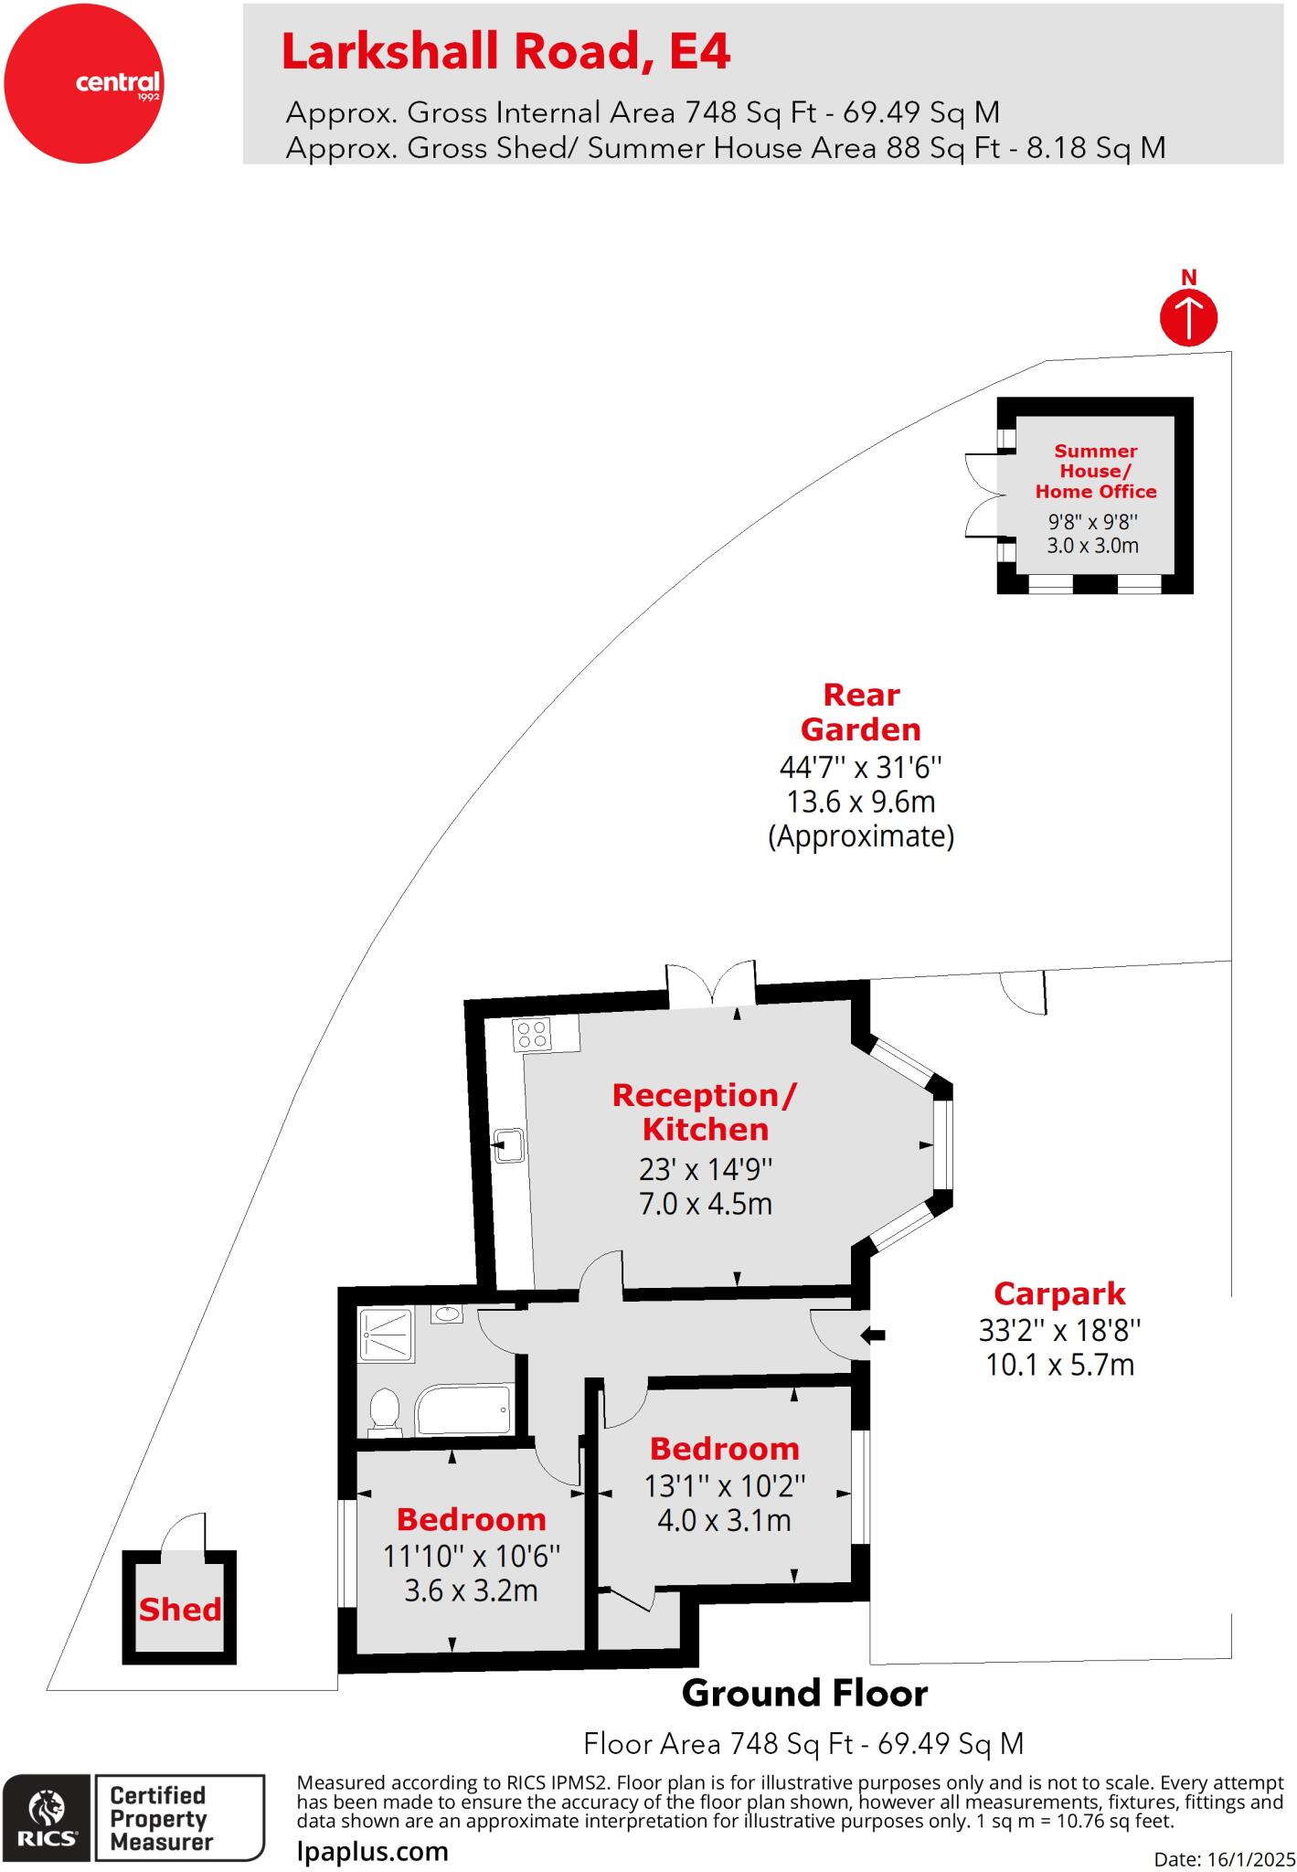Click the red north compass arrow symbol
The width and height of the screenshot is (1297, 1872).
pos(1188,317)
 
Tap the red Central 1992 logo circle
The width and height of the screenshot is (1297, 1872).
pos(84,83)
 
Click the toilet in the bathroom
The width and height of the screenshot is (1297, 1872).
pos(385,1409)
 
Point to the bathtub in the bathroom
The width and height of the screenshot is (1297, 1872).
pos(463,1409)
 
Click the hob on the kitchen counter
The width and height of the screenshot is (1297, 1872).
pos(532,1034)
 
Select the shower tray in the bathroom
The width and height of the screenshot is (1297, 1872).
pos(386,1334)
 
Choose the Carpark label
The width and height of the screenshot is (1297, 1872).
pos(1059,1293)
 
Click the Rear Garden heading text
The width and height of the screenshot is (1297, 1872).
pos(861,712)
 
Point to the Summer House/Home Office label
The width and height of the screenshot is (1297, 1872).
pos(1095,471)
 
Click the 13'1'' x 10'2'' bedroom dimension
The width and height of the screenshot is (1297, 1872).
pos(725,1485)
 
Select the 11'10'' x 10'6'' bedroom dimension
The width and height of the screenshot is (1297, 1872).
pos(471,1555)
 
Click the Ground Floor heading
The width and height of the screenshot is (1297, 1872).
pos(804,1694)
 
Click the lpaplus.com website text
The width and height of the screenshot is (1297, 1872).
pos(373,1851)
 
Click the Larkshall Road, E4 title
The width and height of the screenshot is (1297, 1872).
pos(505,52)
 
